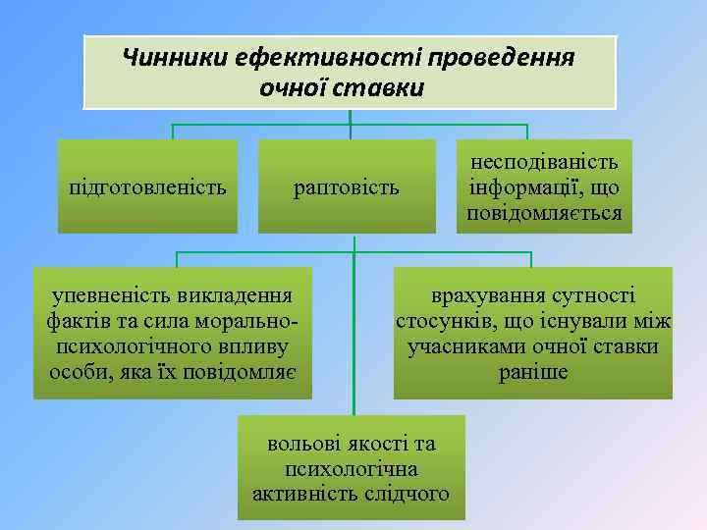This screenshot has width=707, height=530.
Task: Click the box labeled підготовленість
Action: click(147, 186)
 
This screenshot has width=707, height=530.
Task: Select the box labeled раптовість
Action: click(347, 186)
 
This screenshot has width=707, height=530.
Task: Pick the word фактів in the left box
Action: click(70, 321)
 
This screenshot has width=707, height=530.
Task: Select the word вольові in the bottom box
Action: click(301, 444)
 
